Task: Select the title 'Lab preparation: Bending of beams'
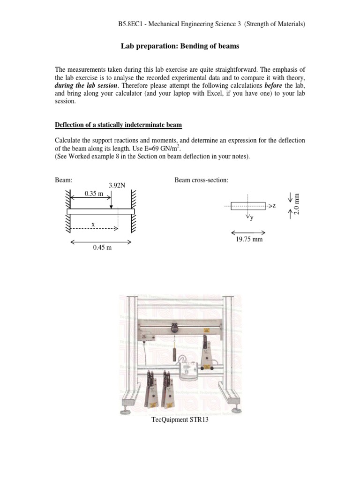click(x=180, y=46)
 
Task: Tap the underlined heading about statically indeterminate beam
click(x=119, y=124)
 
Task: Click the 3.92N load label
click(x=117, y=185)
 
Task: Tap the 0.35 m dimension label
click(x=94, y=193)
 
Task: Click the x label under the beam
click(x=93, y=225)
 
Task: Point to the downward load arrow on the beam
click(x=111, y=199)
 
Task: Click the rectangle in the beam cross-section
click(x=248, y=206)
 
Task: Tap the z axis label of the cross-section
click(x=274, y=206)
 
